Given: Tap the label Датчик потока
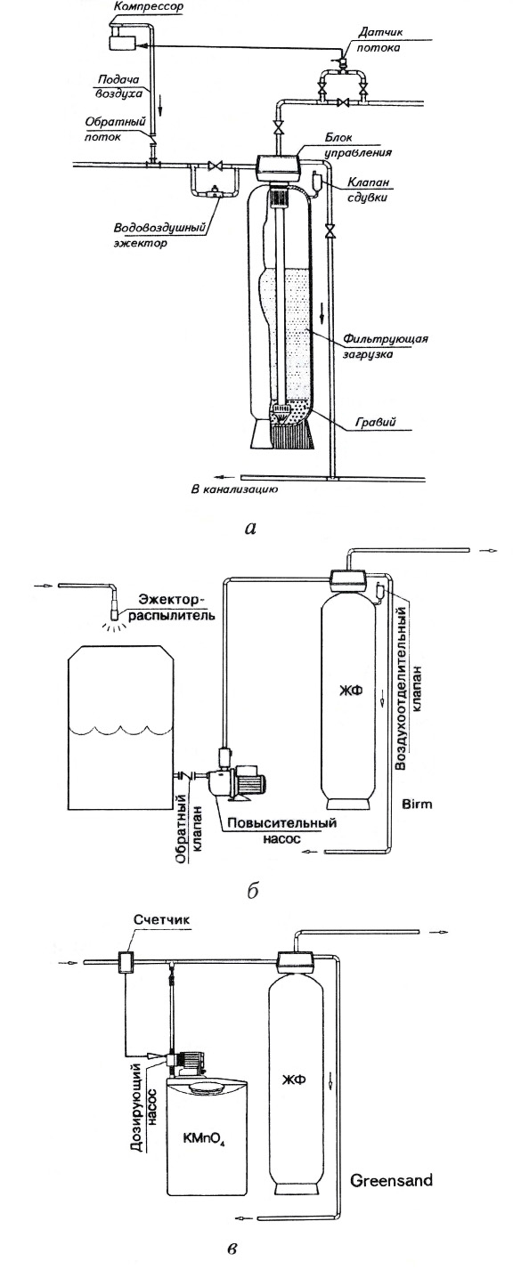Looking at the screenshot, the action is click(379, 39).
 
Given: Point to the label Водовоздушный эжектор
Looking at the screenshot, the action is click(159, 235).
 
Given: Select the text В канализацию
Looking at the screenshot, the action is click(233, 489).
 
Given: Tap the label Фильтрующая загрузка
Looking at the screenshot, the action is click(385, 346).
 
